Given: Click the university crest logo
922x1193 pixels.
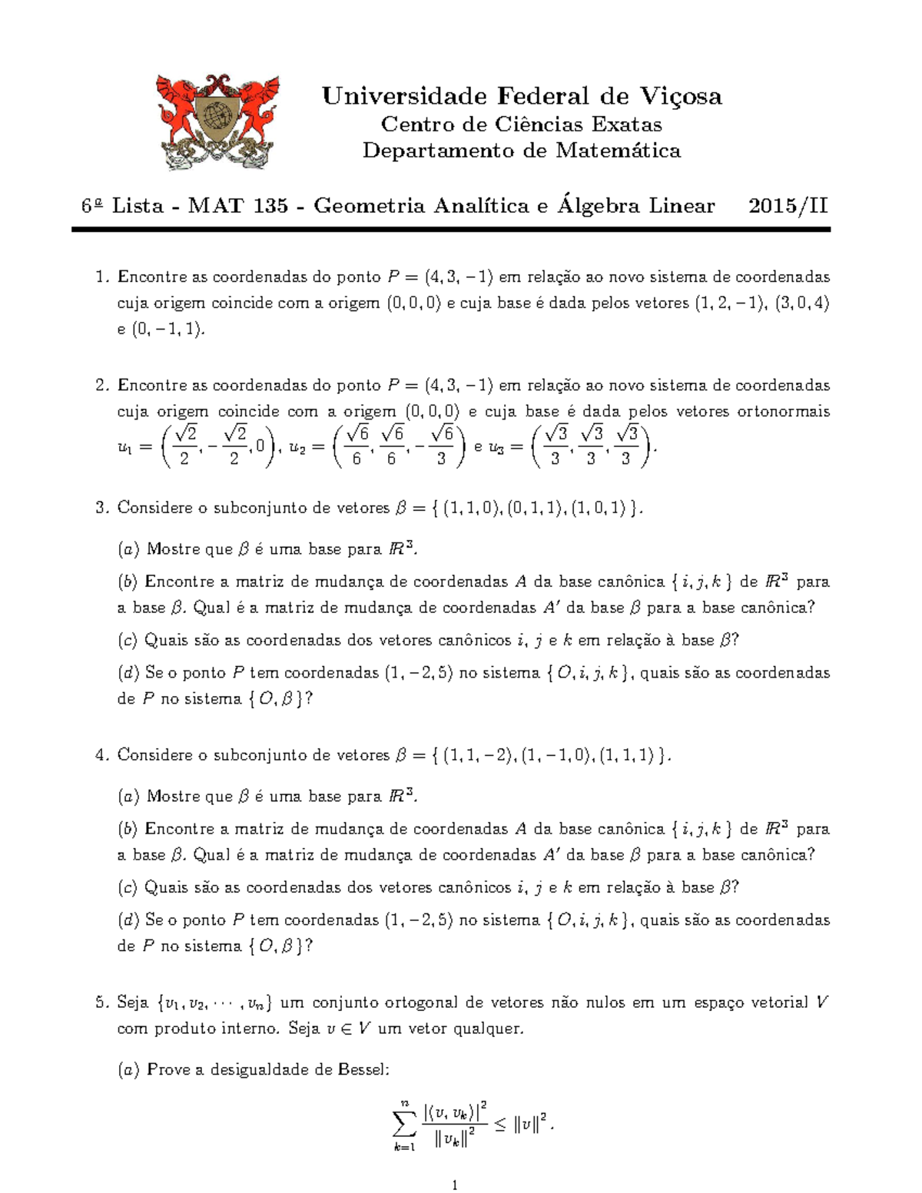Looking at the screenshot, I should (217, 121).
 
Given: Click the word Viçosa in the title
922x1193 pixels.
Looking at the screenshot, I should (680, 96).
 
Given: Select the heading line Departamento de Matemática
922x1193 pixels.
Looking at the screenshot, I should (522, 151).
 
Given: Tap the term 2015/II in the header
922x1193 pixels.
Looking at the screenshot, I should (788, 206).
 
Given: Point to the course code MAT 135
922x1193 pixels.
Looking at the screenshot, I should (237, 206).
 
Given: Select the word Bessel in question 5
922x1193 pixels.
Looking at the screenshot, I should (363, 1069).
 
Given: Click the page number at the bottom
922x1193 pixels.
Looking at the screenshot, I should (455, 1185).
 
